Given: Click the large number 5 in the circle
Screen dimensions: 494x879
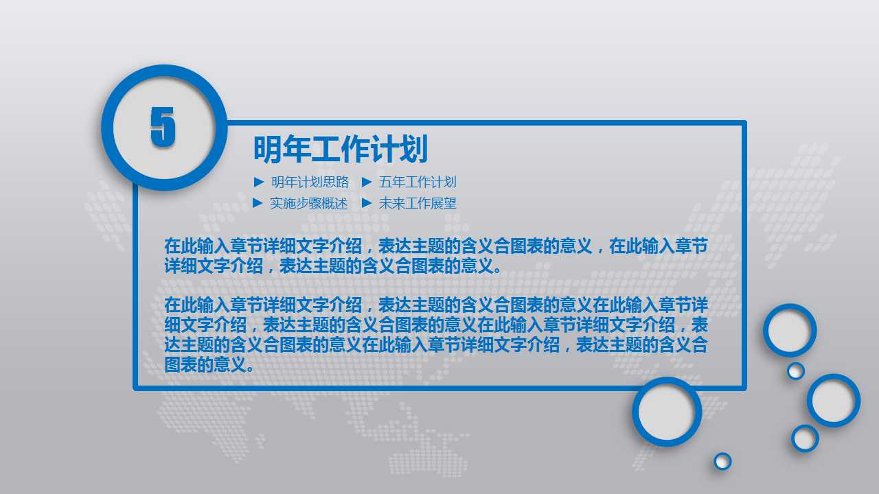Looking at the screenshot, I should tap(163, 128).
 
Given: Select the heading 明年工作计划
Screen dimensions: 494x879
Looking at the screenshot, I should tap(340, 149).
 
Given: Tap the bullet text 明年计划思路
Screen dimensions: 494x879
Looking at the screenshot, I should tap(310, 183).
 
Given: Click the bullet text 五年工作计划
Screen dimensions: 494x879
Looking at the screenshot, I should tap(418, 183).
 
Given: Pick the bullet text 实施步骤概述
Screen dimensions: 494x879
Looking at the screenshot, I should tap(308, 204).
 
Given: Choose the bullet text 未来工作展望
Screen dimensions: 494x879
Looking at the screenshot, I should tap(418, 204).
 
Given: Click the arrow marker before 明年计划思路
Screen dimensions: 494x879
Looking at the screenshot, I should tap(258, 183).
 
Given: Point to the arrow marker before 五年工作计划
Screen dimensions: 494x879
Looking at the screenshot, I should tap(366, 183).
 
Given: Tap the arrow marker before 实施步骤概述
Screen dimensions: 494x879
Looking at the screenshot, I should tap(258, 203).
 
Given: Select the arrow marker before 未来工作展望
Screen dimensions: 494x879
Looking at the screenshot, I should tap(366, 203).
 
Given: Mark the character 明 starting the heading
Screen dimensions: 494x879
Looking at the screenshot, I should tap(268, 149).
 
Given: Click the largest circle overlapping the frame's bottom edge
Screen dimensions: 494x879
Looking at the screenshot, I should tap(667, 412).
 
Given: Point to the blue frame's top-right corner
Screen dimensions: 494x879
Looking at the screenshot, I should tap(744, 123).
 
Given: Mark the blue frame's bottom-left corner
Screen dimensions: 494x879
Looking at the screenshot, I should tap(136, 388).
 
